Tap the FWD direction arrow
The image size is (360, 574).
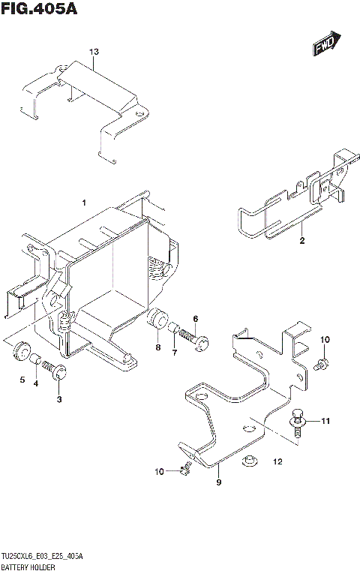click(x=327, y=44)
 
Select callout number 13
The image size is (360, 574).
click(x=94, y=52)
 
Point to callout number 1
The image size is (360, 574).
click(x=85, y=203)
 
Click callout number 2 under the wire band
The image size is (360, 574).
click(x=301, y=241)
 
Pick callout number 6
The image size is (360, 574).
click(x=196, y=319)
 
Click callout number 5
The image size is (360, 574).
click(x=22, y=379)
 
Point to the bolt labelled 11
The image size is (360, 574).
click(x=298, y=421)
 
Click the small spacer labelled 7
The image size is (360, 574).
click(x=174, y=328)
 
